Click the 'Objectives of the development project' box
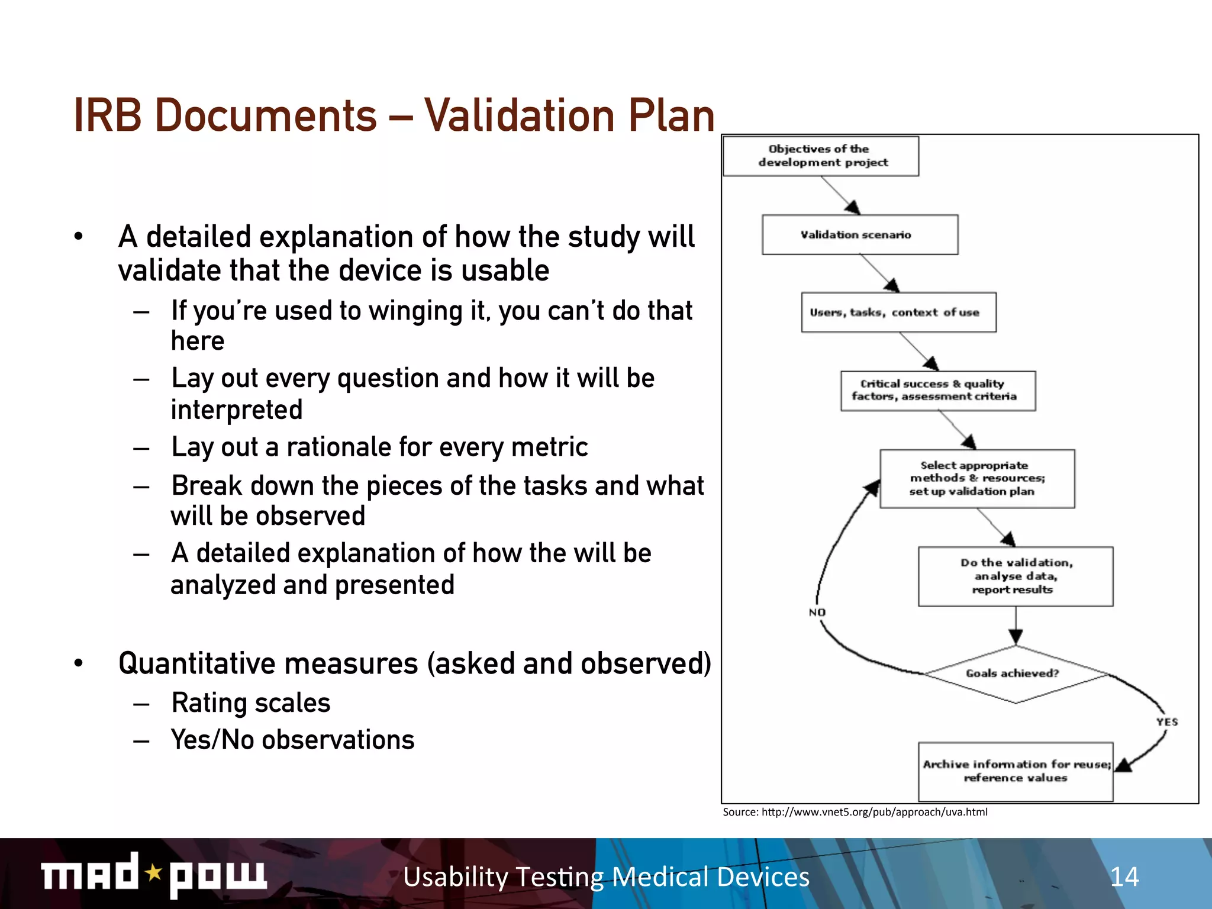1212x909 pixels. (821, 156)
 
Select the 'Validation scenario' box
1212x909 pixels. (859, 235)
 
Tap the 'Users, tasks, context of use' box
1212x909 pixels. (898, 312)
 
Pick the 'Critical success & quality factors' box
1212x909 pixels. (938, 391)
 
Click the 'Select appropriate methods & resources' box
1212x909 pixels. (977, 479)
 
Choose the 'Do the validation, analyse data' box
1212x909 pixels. (1016, 576)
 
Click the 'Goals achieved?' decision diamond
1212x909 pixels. (1016, 673)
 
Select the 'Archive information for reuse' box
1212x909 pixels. (1016, 772)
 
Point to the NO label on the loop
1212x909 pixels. (817, 613)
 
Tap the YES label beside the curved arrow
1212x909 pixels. (1167, 722)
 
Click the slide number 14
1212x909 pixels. (1124, 877)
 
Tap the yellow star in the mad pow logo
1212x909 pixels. (154, 872)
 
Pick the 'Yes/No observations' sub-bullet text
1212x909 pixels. (293, 740)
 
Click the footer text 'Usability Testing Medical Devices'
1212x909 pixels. (606, 877)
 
